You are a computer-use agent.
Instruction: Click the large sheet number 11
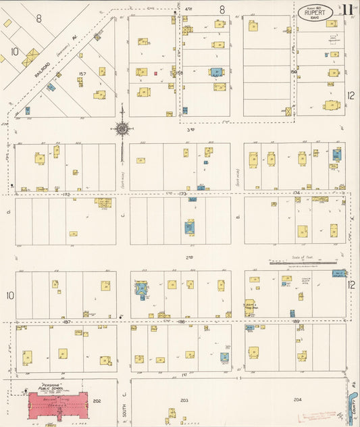pyautogui.click(x=346, y=10)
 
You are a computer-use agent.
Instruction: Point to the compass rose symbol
pyautogui.click(x=122, y=128)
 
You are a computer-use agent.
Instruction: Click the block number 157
pyautogui.click(x=83, y=72)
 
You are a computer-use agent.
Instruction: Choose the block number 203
pyautogui.click(x=184, y=401)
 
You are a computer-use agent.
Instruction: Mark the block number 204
pyautogui.click(x=298, y=400)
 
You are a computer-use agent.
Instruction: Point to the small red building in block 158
pyautogui.click(x=155, y=73)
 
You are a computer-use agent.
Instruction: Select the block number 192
pyautogui.click(x=66, y=195)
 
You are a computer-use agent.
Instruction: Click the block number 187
pyautogui.click(x=66, y=322)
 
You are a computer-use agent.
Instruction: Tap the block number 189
pyautogui.click(x=295, y=322)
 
